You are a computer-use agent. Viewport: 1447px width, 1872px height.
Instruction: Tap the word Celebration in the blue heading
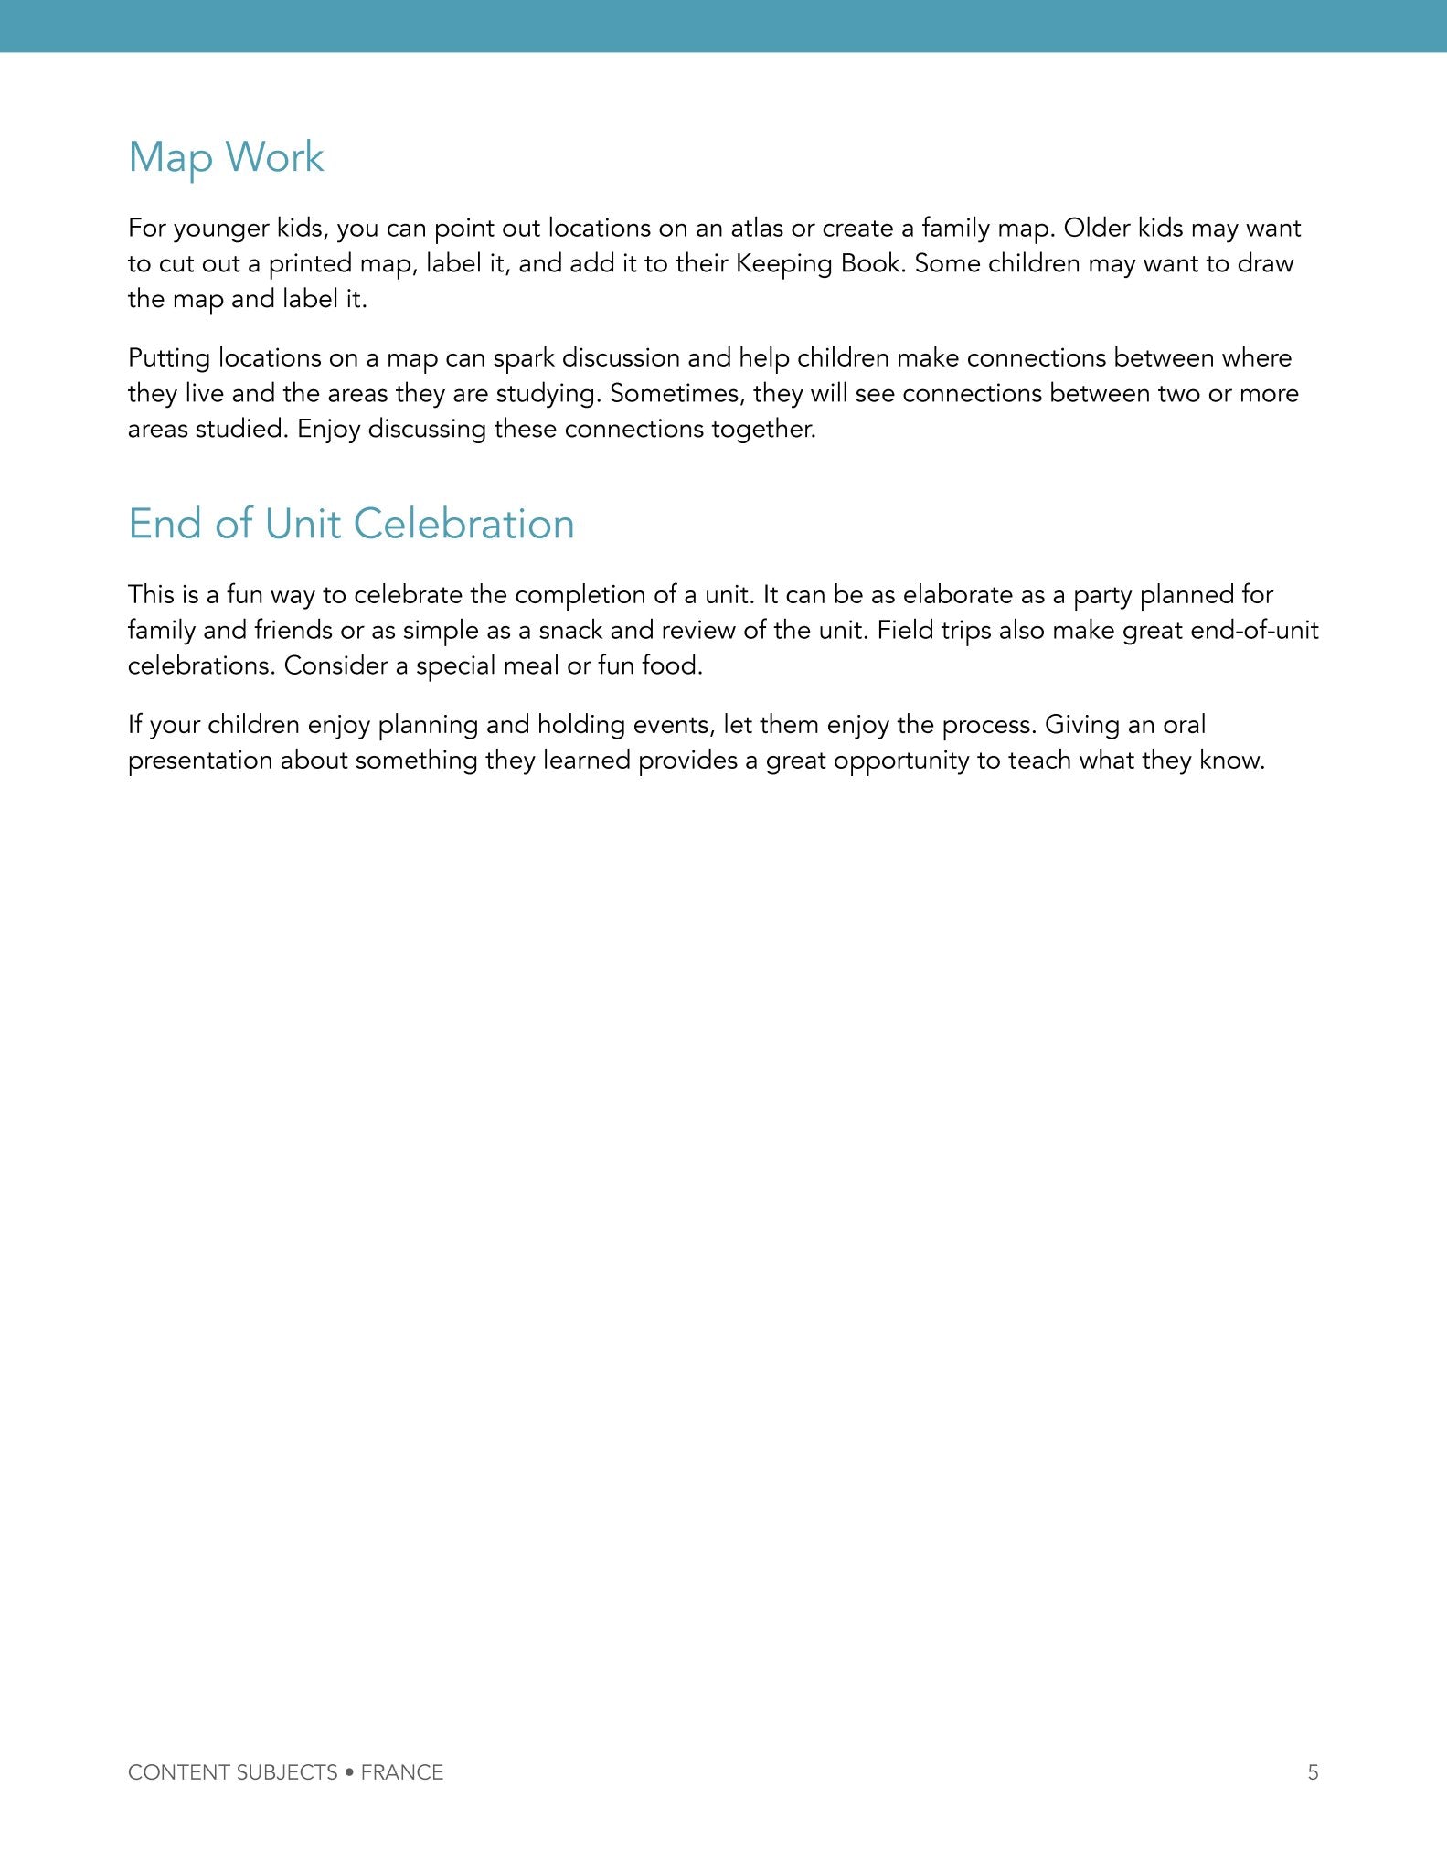point(463,524)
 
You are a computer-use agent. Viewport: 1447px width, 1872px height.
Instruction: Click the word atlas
point(757,228)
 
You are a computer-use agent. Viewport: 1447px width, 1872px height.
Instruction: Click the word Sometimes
point(676,393)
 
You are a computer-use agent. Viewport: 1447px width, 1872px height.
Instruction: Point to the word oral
point(1184,725)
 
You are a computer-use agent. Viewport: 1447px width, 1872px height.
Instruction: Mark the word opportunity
point(901,760)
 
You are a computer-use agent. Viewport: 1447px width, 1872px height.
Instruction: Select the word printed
point(310,263)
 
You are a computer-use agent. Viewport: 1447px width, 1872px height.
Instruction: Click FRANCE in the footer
point(401,1772)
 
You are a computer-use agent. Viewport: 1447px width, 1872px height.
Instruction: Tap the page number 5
point(1313,1772)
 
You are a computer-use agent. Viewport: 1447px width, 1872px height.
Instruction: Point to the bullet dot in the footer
point(349,1772)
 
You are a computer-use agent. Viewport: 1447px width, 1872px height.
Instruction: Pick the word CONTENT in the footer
point(178,1772)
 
